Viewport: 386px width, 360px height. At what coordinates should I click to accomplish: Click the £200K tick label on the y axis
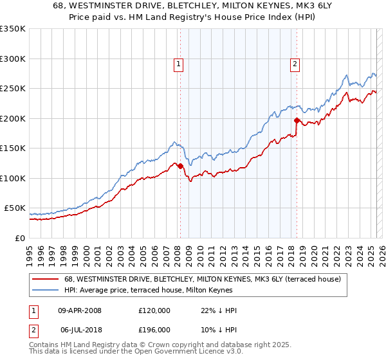12,118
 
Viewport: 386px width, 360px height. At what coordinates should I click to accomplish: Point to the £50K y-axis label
14,208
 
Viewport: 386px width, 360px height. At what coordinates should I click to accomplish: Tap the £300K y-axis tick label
12,59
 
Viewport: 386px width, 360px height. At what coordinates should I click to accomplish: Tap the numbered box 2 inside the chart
295,64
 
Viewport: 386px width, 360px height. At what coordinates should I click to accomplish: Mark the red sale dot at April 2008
180,166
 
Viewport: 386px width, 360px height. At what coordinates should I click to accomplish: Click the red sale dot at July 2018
297,120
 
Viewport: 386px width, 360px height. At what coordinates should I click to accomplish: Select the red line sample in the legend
46,280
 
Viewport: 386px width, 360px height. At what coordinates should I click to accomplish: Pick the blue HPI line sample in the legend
46,291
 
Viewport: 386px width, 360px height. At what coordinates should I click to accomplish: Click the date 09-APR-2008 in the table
80,310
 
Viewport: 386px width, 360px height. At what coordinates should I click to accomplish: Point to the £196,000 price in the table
154,330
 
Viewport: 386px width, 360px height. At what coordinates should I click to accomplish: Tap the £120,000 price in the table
154,310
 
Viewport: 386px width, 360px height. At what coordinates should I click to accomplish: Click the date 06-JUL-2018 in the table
79,330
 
